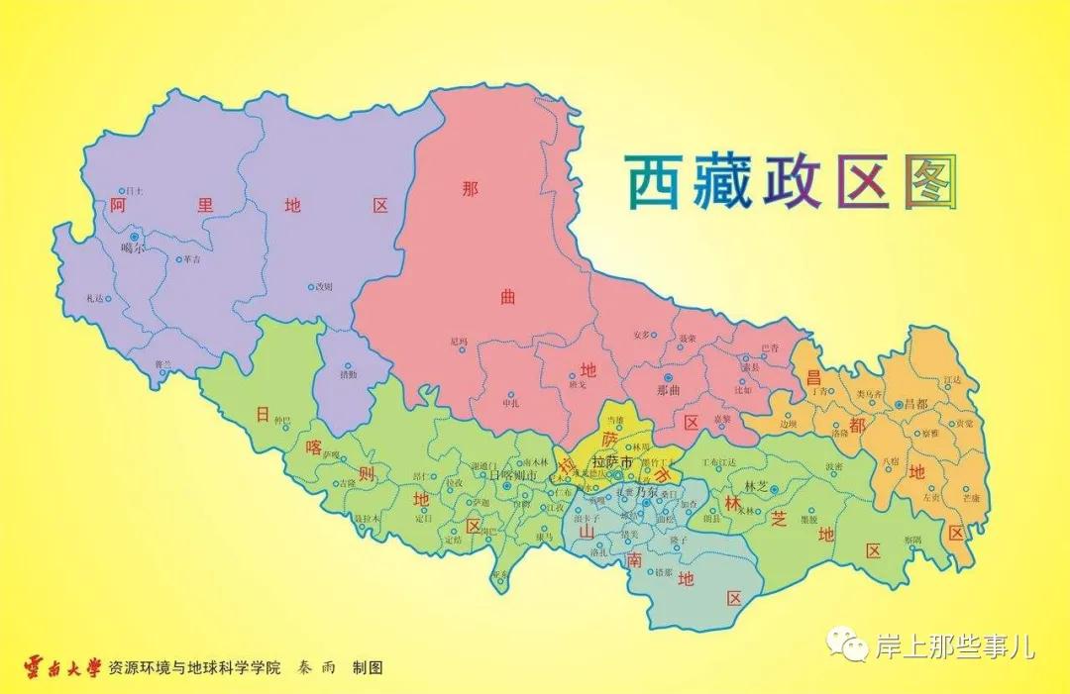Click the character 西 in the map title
[x=652, y=182]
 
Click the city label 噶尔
[x=132, y=248]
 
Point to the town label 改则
[x=324, y=287]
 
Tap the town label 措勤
[x=348, y=376]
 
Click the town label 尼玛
[x=458, y=342]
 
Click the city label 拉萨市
[x=611, y=462]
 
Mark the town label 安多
[x=643, y=335]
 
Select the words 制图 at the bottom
[x=367, y=668]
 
